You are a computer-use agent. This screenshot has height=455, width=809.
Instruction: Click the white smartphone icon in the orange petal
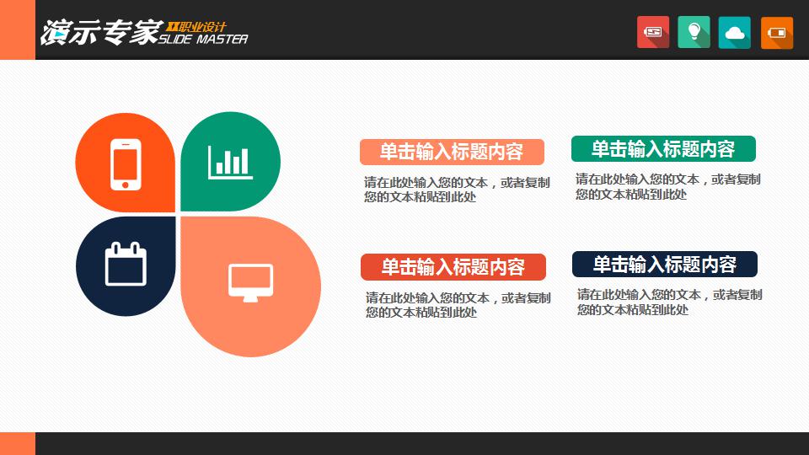click(x=126, y=164)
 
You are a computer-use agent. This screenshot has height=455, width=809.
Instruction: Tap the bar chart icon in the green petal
click(x=230, y=163)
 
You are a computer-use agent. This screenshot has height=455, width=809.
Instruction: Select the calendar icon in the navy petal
click(x=126, y=264)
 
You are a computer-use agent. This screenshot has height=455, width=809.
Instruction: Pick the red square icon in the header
click(x=652, y=32)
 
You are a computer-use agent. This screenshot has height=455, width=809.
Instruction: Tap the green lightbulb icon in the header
click(x=694, y=32)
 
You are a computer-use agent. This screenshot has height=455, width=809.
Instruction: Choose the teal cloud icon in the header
click(x=735, y=33)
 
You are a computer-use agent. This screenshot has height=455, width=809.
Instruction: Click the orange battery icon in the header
click(x=776, y=33)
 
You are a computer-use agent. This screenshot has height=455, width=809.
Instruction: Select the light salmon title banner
click(x=452, y=152)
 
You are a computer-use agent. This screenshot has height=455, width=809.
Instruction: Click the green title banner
click(x=663, y=148)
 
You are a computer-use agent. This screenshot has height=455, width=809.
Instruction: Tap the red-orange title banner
click(x=453, y=267)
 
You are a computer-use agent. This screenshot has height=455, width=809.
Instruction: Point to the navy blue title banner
click(x=665, y=264)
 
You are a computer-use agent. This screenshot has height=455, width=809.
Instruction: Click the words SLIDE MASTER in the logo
click(x=203, y=40)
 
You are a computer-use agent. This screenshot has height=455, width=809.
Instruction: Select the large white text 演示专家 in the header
click(x=101, y=33)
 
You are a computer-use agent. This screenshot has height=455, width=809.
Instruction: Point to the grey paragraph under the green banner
click(x=667, y=187)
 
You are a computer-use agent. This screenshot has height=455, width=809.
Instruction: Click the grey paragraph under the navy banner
click(x=669, y=302)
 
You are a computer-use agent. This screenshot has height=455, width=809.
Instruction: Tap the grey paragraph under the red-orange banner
click(x=458, y=305)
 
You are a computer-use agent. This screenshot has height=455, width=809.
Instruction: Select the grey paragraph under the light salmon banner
click(x=457, y=190)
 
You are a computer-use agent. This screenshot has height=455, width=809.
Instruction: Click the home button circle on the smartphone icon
click(x=126, y=185)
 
